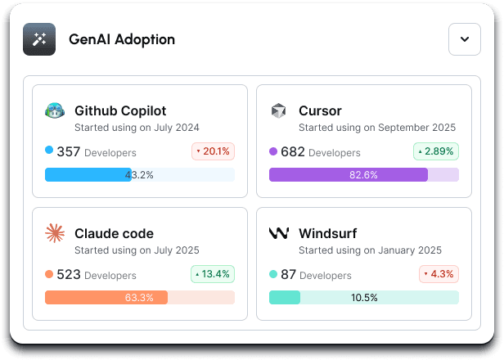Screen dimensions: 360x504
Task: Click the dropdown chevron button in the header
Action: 464,39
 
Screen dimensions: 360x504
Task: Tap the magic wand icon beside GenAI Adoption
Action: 39,39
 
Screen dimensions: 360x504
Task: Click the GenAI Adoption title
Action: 122,39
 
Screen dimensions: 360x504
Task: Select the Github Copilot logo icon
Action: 55,110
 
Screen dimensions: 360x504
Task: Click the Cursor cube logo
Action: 279,110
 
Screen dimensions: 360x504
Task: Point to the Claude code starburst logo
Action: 55,233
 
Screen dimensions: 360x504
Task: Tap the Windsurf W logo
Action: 279,233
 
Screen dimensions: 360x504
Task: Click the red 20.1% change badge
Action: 214,151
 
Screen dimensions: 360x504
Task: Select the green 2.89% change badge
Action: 436,151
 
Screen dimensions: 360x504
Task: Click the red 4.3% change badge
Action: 438,274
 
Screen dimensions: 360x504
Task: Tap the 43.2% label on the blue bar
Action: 139,175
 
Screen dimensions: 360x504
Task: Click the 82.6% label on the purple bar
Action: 363,175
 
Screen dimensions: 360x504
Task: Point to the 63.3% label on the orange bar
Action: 139,298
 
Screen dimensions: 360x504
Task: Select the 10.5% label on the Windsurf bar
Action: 364,298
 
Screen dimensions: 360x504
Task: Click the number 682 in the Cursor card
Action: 293,151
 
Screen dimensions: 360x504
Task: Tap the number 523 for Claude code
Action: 69,275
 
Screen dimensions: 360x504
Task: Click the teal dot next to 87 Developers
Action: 274,274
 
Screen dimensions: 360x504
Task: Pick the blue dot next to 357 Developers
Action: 49,151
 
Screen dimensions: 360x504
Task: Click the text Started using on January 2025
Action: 370,250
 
